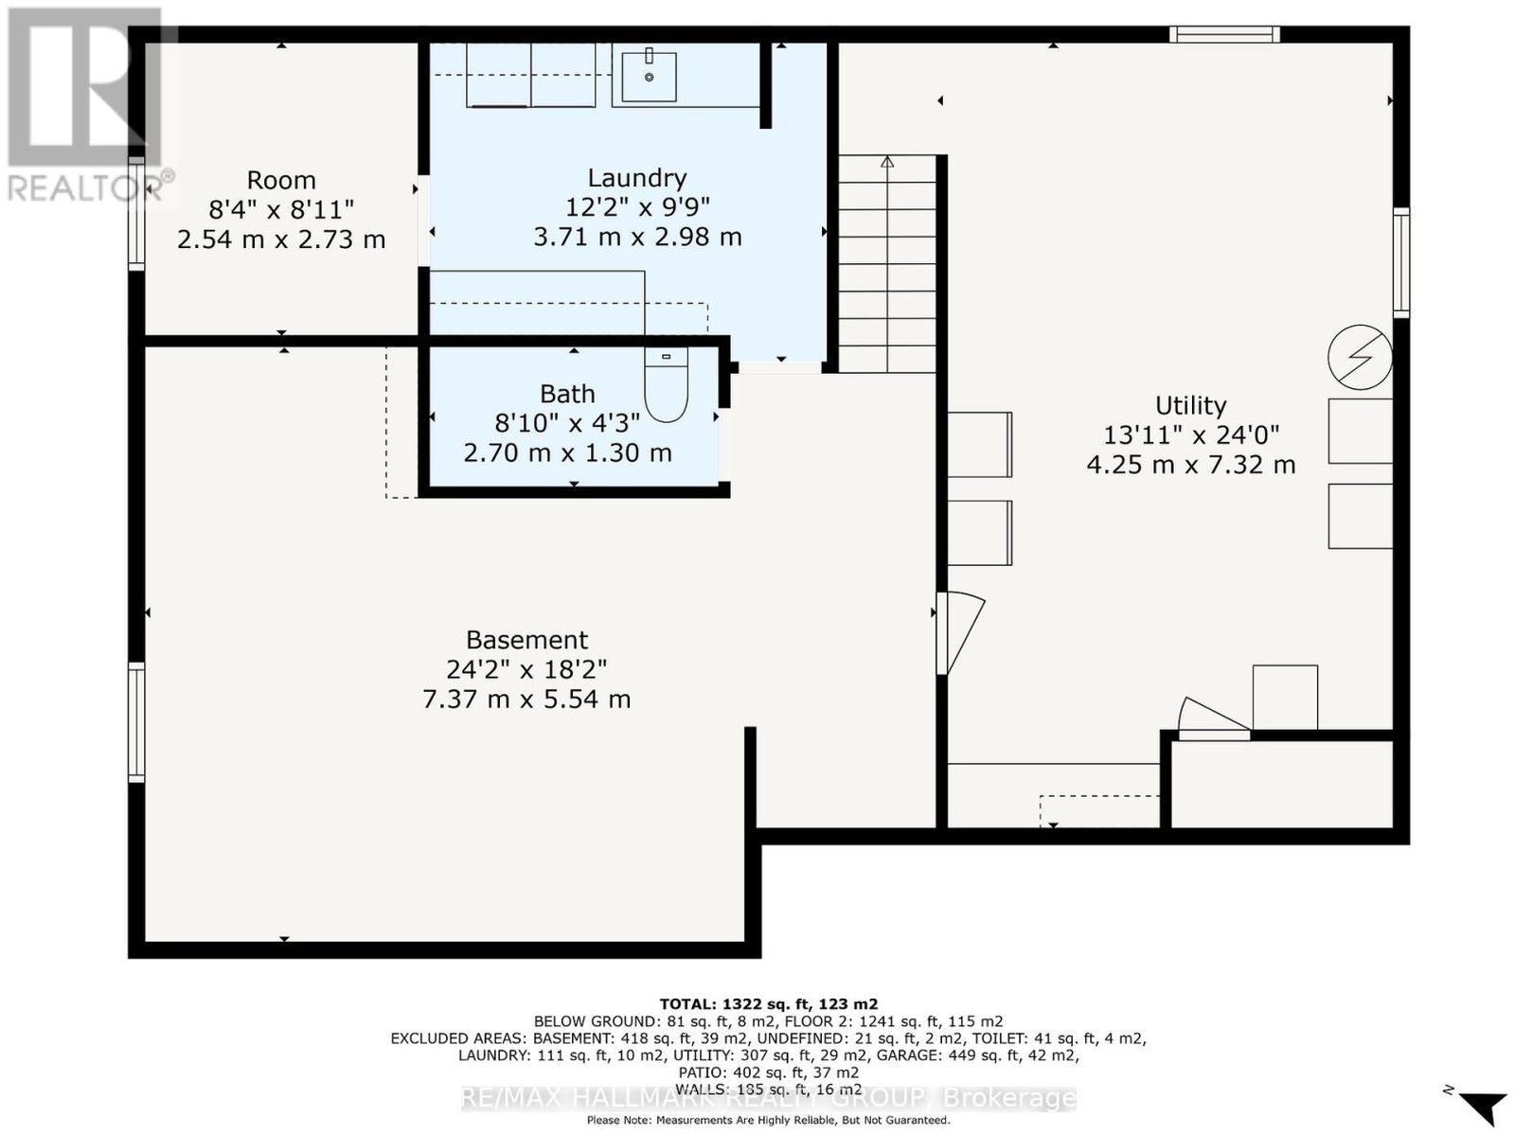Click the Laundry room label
636,178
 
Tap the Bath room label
567,394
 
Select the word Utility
1190,405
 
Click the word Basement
526,640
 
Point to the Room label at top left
281,181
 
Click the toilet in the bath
666,383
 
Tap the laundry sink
649,76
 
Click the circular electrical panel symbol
1360,357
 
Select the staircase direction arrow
887,162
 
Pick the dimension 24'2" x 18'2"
526,669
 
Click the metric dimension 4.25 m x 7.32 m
1190,465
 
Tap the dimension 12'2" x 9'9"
637,207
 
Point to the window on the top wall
1224,34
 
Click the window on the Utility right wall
1400,262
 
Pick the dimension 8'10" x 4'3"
567,423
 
